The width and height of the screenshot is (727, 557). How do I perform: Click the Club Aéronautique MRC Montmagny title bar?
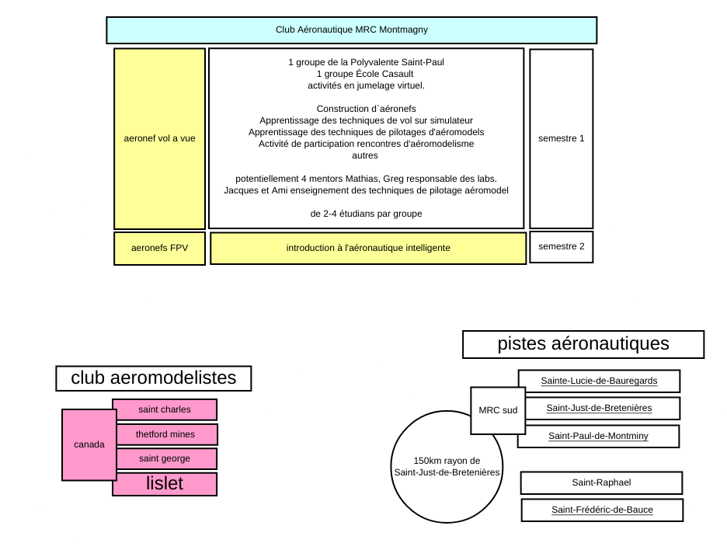coord(351,30)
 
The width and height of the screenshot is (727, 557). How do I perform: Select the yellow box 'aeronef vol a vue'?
coord(159,139)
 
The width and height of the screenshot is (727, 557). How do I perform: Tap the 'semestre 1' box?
coord(561,139)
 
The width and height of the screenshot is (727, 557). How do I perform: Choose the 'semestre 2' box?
coord(561,247)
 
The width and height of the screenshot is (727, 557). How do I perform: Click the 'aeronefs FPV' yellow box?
coord(159,248)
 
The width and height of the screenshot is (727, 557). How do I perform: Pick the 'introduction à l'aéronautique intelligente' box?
coord(368,248)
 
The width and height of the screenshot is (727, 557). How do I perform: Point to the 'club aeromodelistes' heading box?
coord(154,378)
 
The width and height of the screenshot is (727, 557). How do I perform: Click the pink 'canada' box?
coord(89,445)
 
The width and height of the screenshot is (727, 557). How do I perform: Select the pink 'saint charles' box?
coord(165,409)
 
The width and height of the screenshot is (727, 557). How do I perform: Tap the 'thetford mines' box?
coord(166,434)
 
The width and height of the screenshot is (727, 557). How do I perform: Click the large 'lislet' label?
coord(165,483)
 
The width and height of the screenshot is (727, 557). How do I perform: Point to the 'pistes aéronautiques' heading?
coord(583,344)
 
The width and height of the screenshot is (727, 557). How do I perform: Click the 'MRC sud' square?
coord(498,410)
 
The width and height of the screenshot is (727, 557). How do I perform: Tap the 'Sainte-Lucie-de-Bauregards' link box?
coord(599,381)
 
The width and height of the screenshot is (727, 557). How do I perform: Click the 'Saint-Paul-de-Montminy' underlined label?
coord(598,436)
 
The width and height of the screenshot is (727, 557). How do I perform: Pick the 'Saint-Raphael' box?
coord(601,482)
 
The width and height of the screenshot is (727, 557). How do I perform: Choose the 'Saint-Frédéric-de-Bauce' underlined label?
coord(602,510)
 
